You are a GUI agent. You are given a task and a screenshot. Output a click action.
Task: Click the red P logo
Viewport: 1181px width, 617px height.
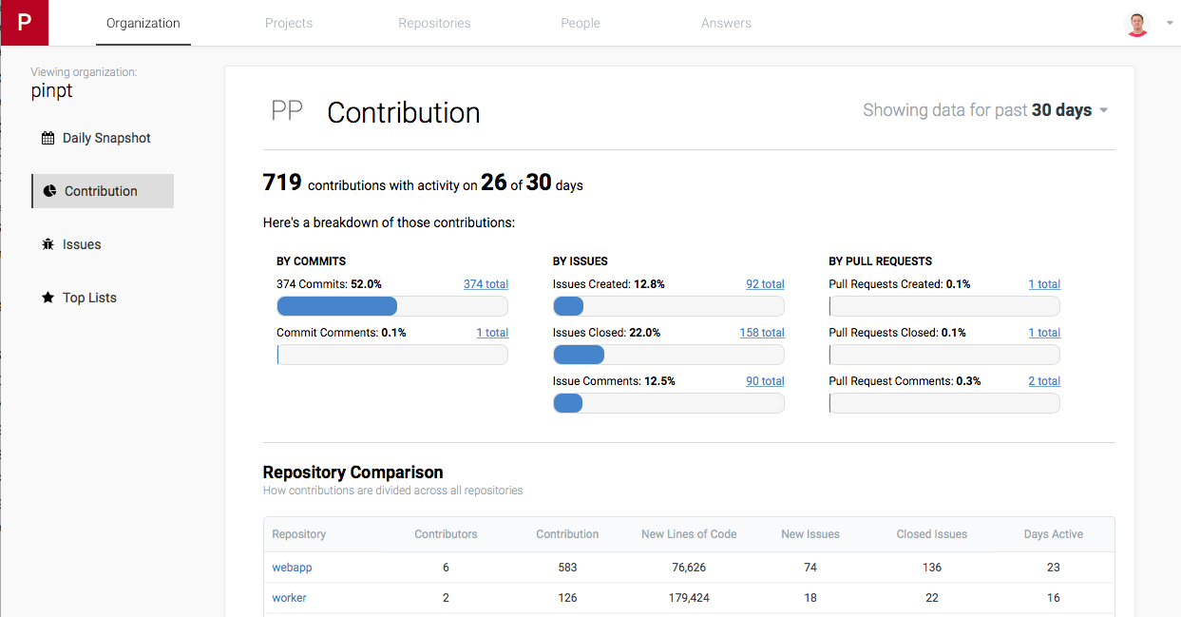(25, 23)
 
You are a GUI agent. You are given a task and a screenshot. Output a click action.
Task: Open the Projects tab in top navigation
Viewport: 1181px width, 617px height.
(289, 23)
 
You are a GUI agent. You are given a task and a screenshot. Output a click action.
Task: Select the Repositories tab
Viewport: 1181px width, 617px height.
(434, 23)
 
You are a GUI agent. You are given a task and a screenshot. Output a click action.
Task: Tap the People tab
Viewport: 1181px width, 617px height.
(580, 23)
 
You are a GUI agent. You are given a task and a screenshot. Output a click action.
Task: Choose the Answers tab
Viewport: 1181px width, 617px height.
(726, 23)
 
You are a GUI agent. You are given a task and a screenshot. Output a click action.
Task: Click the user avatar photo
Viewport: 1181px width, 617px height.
(1136, 24)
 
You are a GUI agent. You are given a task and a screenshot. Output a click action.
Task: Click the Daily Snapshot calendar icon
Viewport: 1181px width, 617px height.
(48, 138)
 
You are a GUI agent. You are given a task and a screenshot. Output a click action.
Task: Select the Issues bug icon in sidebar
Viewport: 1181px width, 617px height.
(48, 244)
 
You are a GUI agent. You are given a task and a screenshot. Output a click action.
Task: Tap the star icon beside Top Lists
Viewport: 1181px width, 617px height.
(48, 298)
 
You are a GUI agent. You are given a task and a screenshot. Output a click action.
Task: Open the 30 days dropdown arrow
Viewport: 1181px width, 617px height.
(1103, 110)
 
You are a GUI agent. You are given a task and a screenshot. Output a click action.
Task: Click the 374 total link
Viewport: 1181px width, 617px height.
(486, 284)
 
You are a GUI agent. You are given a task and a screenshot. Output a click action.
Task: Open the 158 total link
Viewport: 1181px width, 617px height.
(762, 333)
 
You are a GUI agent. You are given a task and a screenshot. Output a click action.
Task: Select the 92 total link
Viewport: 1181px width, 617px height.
(765, 284)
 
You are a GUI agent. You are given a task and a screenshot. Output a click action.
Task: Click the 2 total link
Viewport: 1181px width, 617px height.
(1044, 381)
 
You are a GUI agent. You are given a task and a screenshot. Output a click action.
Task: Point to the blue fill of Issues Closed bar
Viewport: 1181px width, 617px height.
(579, 355)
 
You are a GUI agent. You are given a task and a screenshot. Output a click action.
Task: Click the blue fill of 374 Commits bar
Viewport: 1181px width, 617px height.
(337, 306)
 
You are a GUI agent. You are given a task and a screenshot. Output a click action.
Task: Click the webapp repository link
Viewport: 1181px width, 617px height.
(292, 568)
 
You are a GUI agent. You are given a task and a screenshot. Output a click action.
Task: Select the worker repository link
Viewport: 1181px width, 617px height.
(289, 598)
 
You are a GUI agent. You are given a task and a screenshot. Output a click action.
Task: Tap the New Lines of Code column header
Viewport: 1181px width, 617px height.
(689, 534)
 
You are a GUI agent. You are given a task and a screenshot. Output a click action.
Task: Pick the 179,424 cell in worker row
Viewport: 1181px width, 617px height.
(689, 598)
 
